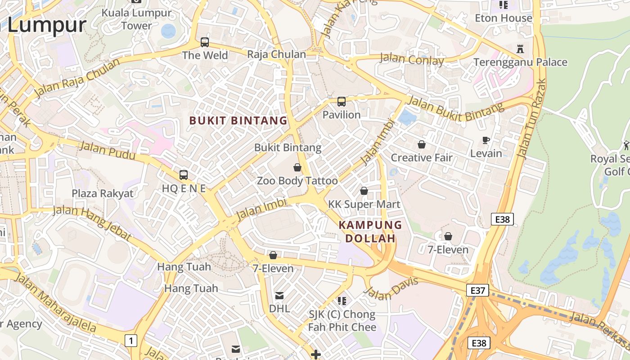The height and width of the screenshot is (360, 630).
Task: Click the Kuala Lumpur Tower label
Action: pos(136,19)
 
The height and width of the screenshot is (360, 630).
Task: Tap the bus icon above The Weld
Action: pos(205,42)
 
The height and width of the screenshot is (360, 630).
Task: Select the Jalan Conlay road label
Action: pos(412,59)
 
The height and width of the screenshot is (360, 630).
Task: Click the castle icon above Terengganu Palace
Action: pos(520,49)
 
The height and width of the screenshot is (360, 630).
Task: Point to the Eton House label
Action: pos(504,18)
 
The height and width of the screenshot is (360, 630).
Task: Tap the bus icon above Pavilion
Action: pos(342,102)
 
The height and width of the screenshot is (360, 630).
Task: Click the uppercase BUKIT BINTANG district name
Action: pos(238,121)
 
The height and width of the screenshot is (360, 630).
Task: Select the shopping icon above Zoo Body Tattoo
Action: pos(297,168)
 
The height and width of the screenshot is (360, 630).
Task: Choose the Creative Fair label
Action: pos(422,158)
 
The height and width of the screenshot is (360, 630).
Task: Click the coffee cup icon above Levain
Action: pos(486,140)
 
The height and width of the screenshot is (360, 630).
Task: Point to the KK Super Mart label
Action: pos(364,204)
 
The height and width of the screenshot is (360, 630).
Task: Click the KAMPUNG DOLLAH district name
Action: pos(370,231)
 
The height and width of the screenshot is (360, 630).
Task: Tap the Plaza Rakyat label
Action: pos(103,193)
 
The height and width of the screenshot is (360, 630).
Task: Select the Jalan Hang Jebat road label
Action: pos(92,223)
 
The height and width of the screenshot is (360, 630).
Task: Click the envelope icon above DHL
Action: pos(279,296)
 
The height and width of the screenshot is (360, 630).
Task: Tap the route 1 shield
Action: pos(130,341)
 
